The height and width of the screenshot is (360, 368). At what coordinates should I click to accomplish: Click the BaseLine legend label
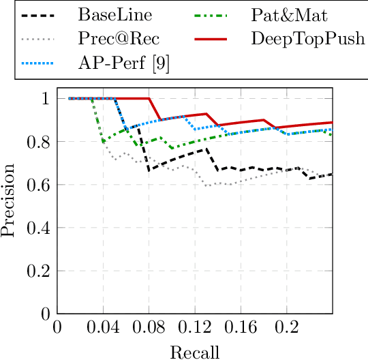[114, 14]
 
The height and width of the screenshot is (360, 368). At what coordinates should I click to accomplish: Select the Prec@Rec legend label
[115, 39]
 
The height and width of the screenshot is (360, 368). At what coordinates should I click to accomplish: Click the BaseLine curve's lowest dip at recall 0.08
[149, 170]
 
